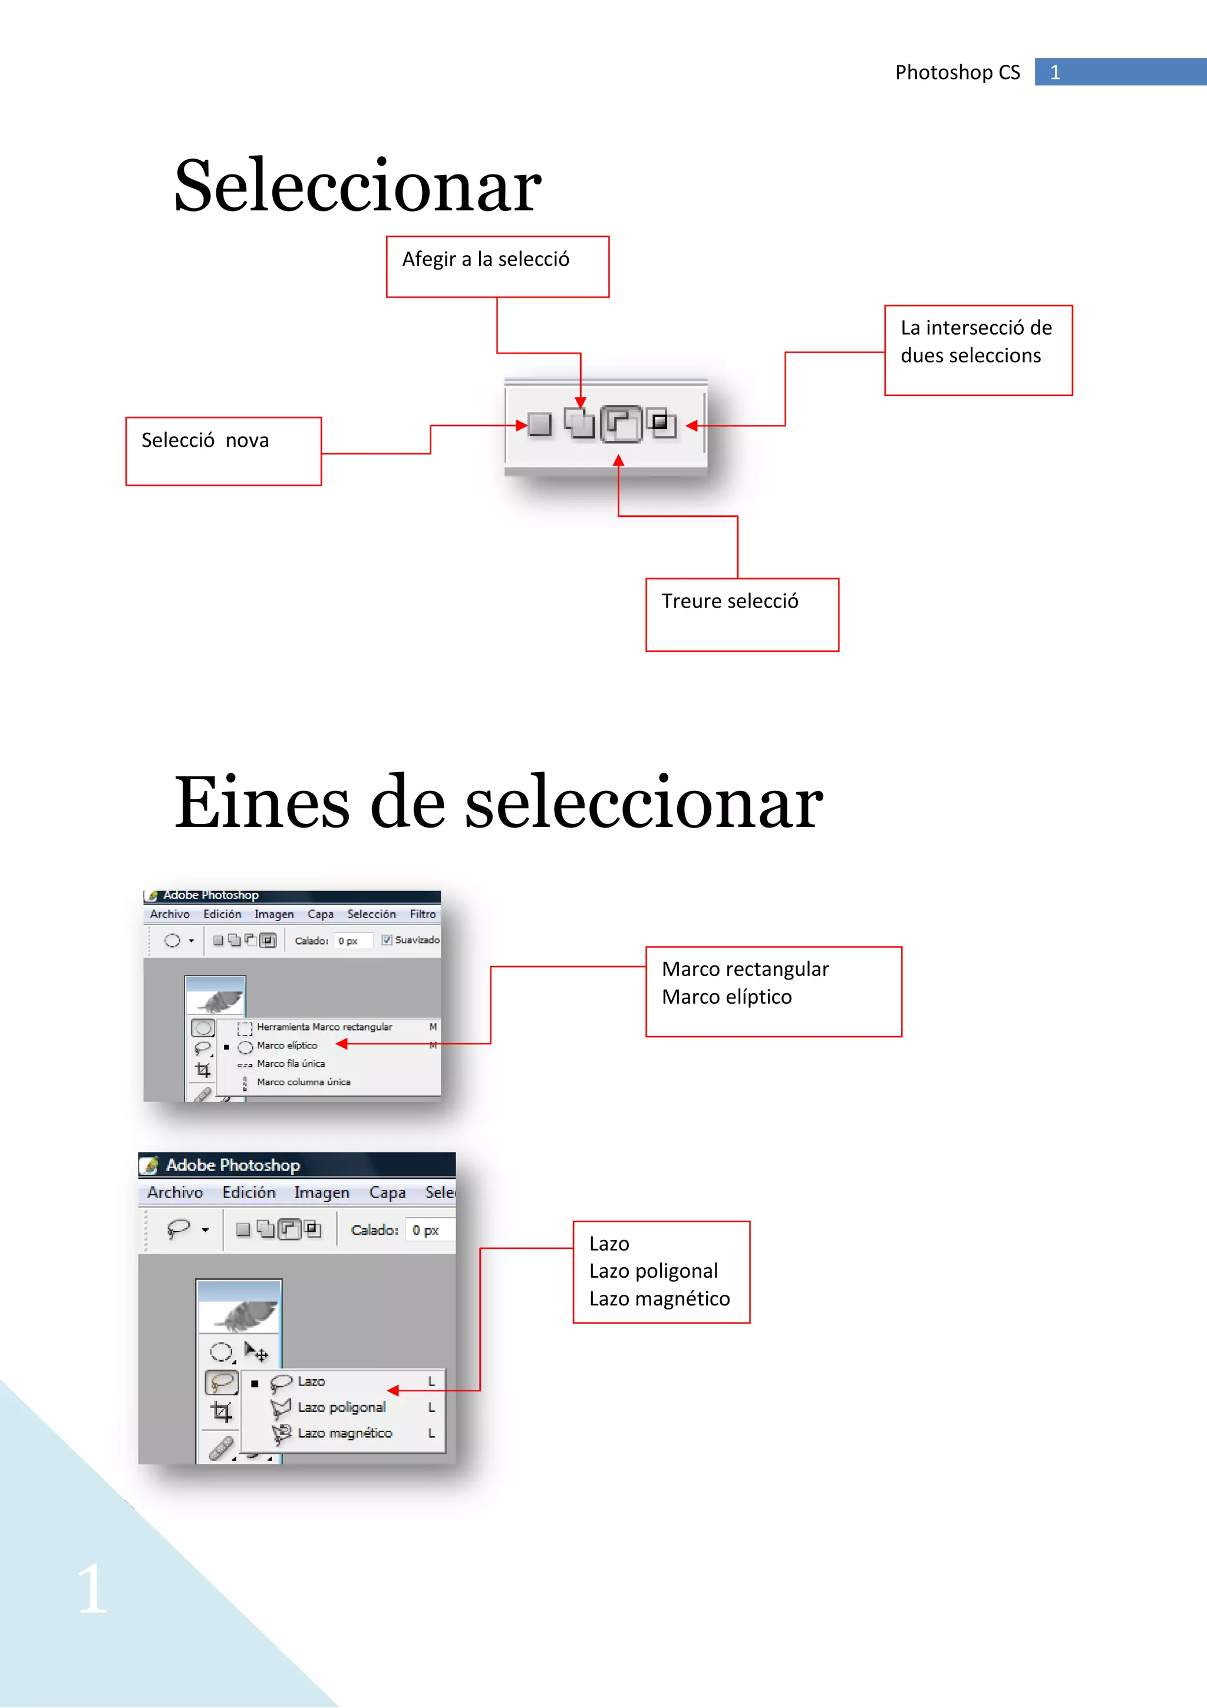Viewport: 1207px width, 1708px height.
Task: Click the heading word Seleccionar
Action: pyautogui.click(x=358, y=186)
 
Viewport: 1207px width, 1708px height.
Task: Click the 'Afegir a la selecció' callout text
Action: pyautogui.click(x=486, y=260)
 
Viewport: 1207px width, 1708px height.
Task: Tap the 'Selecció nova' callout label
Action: pyautogui.click(x=205, y=440)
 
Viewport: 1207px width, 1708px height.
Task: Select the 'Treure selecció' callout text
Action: pyautogui.click(x=730, y=601)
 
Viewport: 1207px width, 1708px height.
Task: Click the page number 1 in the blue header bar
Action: pyautogui.click(x=1054, y=72)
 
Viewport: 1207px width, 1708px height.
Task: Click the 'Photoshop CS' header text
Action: pyautogui.click(x=957, y=72)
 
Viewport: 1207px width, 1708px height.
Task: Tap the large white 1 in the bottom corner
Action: pyautogui.click(x=92, y=1589)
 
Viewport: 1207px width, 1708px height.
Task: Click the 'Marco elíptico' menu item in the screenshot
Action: pyautogui.click(x=287, y=1045)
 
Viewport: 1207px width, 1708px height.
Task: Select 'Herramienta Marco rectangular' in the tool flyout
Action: pyautogui.click(x=324, y=1027)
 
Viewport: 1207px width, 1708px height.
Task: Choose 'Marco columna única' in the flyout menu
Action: pyautogui.click(x=304, y=1081)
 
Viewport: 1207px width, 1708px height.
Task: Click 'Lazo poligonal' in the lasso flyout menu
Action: pyautogui.click(x=341, y=1407)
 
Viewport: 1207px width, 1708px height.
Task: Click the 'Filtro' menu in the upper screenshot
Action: pyautogui.click(x=423, y=914)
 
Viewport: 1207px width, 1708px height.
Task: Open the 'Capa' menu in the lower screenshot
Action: pyautogui.click(x=387, y=1192)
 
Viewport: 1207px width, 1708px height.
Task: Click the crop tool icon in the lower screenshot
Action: pyautogui.click(x=221, y=1411)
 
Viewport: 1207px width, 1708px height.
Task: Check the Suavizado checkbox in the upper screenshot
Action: pyautogui.click(x=387, y=940)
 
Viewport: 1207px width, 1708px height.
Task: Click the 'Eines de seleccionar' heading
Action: pyautogui.click(x=498, y=803)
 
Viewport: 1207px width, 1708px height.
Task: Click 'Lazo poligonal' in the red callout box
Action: pyautogui.click(x=653, y=1271)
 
